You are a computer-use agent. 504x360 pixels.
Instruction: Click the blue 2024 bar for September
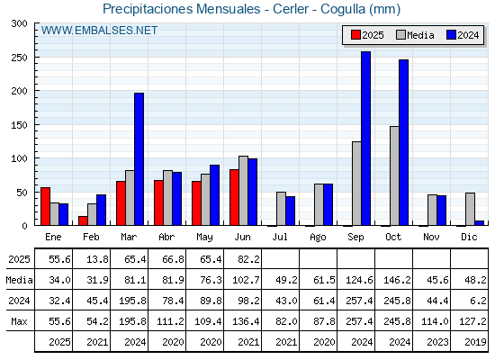click(x=365, y=139)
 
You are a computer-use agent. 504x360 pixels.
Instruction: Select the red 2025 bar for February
click(x=83, y=220)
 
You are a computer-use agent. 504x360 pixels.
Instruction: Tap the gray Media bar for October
click(x=394, y=175)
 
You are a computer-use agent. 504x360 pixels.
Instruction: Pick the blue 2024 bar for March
click(x=139, y=159)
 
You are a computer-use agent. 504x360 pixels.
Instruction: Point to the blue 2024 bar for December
click(x=479, y=223)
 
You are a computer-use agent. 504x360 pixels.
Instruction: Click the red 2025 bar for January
click(x=45, y=206)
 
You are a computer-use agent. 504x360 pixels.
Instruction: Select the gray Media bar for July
click(x=281, y=209)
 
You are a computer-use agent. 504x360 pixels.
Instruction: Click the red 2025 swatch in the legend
click(x=355, y=35)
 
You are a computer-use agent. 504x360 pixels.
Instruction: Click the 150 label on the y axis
click(x=19, y=125)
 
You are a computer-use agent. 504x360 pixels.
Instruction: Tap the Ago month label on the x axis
click(x=318, y=238)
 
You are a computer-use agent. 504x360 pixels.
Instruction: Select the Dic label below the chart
click(x=469, y=237)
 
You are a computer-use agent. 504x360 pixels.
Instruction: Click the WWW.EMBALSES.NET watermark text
click(x=99, y=31)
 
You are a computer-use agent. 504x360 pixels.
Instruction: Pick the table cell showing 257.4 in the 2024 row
click(x=359, y=301)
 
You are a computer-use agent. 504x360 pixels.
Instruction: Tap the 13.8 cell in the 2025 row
click(x=97, y=259)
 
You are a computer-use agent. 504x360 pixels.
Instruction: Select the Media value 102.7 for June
click(x=246, y=280)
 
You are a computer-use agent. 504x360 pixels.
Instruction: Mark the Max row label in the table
click(x=19, y=321)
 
